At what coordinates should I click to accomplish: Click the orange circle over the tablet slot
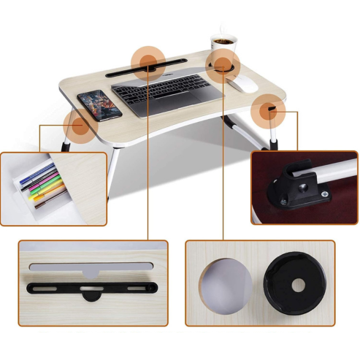[x=148, y=63]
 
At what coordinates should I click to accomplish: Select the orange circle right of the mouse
[x=269, y=112]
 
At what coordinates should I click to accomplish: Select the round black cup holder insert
[x=291, y=284]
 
